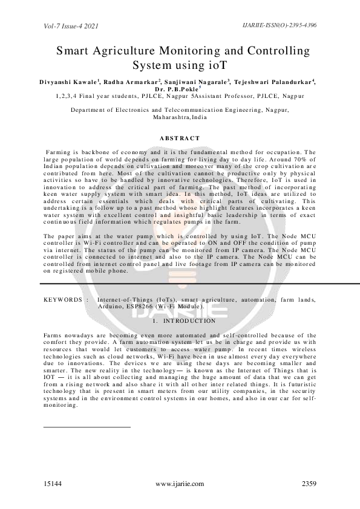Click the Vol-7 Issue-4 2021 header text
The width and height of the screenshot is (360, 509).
[71, 27]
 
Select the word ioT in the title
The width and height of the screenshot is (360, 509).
[217, 64]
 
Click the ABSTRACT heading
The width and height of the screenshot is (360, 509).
[180, 138]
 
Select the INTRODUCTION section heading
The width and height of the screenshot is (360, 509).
[188, 321]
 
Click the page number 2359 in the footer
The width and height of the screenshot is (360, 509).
[309, 484]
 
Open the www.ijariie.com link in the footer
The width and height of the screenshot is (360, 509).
[180, 484]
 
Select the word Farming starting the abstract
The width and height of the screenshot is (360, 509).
[59, 152]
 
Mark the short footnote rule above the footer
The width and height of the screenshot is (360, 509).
[87, 427]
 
